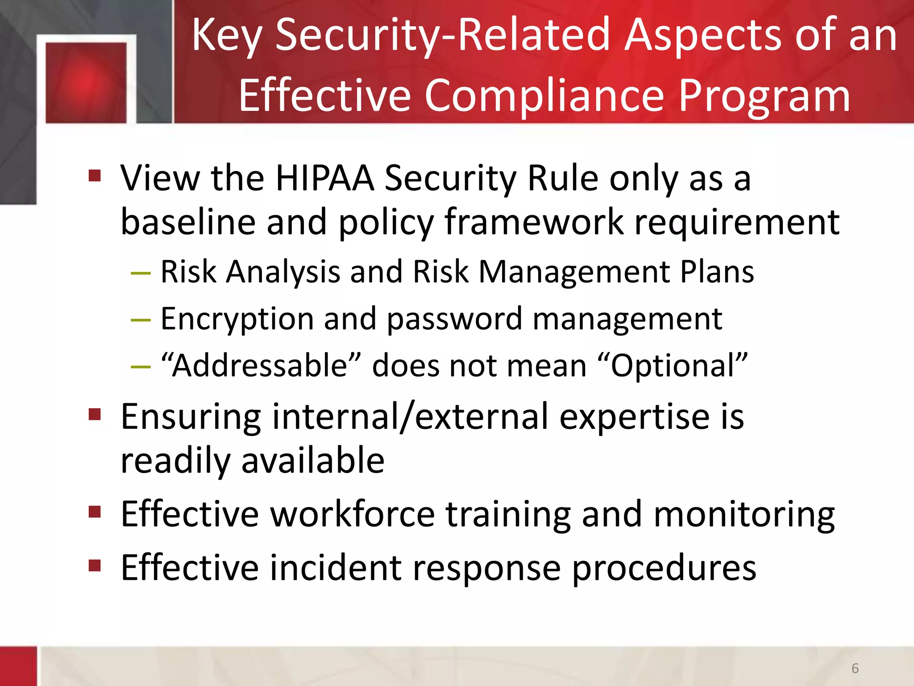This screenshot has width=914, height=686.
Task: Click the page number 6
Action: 855,668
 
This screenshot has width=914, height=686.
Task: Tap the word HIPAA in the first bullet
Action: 324,178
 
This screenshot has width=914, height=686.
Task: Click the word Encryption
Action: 237,319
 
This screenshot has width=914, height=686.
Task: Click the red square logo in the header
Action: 86,83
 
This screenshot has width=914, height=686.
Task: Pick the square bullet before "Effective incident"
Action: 95,565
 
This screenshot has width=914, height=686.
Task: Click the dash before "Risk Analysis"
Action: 141,272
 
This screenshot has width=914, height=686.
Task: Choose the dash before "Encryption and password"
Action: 141,320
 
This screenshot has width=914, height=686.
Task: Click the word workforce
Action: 353,514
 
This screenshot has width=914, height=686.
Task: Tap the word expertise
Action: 634,417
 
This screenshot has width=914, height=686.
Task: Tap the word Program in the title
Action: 764,96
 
